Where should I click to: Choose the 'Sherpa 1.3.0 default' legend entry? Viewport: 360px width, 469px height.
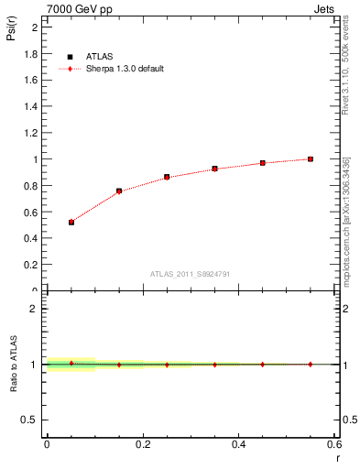pyautogui.click(x=125, y=69)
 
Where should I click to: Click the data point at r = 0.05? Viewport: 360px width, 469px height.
pyautogui.click(x=71, y=222)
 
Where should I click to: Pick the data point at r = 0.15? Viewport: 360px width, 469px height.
pyautogui.click(x=119, y=191)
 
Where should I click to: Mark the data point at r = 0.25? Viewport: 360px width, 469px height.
pyautogui.click(x=167, y=177)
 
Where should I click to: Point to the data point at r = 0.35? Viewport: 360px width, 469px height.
pyautogui.click(x=214, y=169)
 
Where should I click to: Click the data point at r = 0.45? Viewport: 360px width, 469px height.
pyautogui.click(x=263, y=163)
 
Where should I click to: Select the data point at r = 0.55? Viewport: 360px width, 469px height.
pyautogui.click(x=311, y=158)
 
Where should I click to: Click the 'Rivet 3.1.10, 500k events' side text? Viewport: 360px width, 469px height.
pyautogui.click(x=346, y=73)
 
